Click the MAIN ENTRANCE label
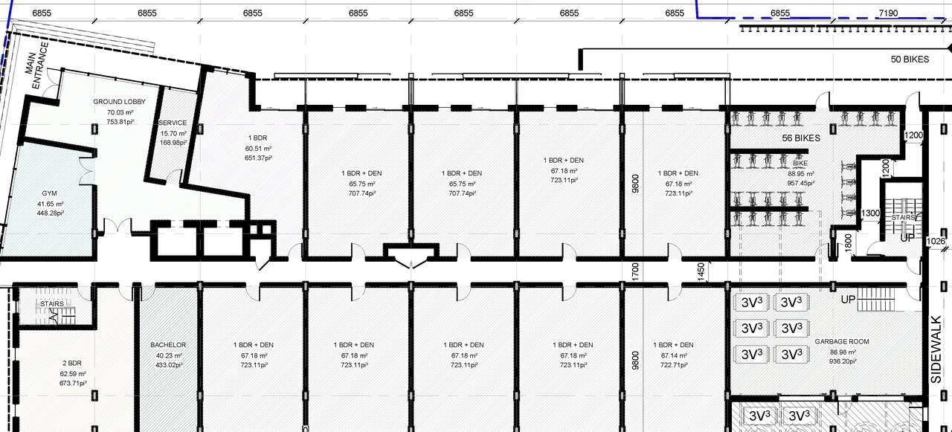pos(38,65)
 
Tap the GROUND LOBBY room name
pos(119,102)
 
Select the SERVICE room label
pos(173,123)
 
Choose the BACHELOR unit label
pos(167,345)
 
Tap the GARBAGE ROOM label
pos(841,342)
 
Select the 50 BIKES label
pos(910,59)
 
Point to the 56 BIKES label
pos(800,138)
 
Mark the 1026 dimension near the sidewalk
pos(936,242)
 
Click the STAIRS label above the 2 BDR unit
pos(52,303)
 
